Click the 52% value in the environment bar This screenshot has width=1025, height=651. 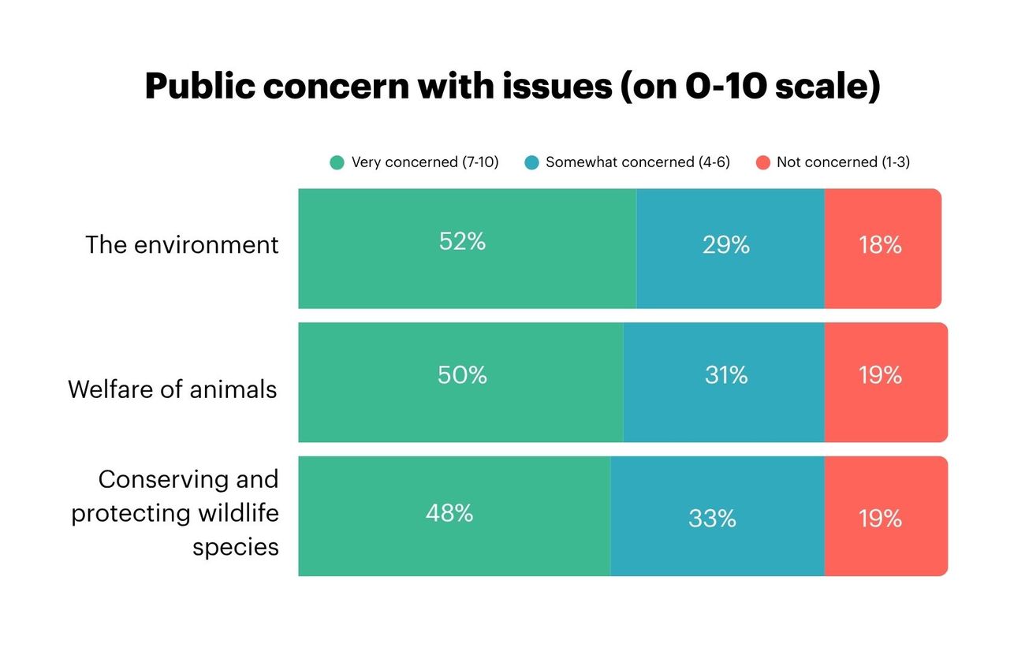462,241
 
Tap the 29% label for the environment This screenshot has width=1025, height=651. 725,245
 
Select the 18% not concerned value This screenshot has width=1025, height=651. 880,245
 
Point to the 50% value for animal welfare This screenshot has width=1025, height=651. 462,375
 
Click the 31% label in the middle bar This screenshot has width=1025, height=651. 725,375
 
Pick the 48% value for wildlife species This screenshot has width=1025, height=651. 449,514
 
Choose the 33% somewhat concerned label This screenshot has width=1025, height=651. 712,518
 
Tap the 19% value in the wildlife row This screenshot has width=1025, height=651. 880,518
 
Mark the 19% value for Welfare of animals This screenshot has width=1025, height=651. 880,375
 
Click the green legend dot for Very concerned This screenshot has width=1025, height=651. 337,163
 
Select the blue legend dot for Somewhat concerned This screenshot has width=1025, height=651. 531,163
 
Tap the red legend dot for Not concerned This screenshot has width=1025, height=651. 762,163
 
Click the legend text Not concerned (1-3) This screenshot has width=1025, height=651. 843,162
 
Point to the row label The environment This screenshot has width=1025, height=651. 182,244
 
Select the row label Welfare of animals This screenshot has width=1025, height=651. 173,389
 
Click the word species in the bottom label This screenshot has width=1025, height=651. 235,547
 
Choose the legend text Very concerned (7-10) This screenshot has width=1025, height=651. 425,162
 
